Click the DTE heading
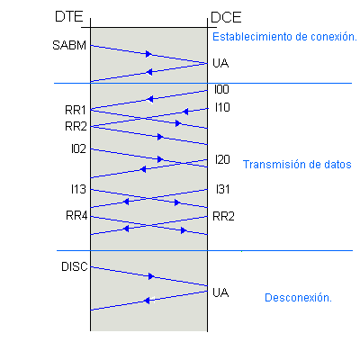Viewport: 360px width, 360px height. (68, 16)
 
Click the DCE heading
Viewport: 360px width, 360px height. (226, 17)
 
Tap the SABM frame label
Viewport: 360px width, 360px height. (69, 45)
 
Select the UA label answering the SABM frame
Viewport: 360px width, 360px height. (220, 63)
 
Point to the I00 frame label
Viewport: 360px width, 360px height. (221, 89)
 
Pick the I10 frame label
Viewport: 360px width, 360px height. (222, 107)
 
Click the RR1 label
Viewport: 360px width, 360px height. (76, 110)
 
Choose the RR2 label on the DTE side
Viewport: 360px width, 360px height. (76, 126)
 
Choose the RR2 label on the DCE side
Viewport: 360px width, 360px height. (223, 216)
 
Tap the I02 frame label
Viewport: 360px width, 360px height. (78, 148)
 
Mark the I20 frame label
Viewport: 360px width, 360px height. (222, 159)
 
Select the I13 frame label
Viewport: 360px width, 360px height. (78, 189)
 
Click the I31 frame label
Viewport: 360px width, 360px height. (223, 189)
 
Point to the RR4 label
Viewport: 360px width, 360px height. (76, 215)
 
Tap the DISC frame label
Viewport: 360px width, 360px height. (75, 266)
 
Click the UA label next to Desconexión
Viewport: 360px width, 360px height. (220, 292)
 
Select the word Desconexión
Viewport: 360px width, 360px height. (298, 298)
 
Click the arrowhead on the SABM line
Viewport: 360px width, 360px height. (148, 54)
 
